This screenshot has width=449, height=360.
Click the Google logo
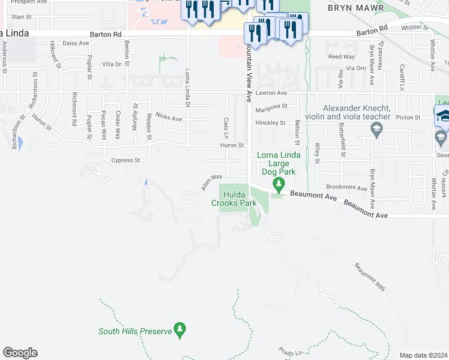20,353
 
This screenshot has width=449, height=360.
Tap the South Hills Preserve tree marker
179,329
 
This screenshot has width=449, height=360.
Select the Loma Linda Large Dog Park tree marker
278,183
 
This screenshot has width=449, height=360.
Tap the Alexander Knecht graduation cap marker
376,127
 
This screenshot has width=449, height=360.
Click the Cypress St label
125,160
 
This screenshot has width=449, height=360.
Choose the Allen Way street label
212,183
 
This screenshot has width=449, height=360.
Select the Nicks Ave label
168,118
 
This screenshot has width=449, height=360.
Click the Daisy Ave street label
76,43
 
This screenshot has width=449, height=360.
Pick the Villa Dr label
112,64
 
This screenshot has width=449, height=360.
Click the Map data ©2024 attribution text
423,355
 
